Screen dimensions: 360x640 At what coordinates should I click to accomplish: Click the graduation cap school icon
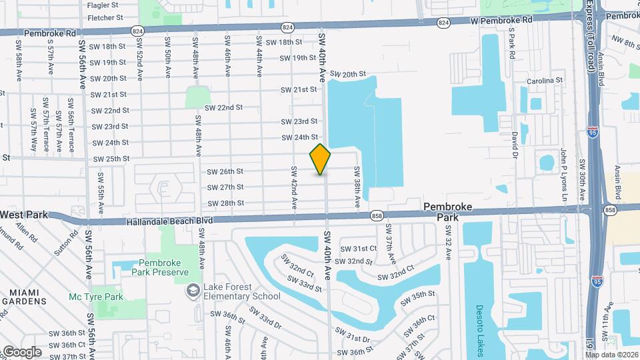(x=193, y=290)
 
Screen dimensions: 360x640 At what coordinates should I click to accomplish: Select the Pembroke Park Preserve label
(x=163, y=267)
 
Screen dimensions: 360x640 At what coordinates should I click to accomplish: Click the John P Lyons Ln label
(x=563, y=175)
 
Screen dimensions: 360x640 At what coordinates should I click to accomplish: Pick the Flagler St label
(x=103, y=5)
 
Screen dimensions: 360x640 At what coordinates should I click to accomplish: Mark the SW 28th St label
(x=225, y=203)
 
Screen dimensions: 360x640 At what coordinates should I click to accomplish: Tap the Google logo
(x=21, y=352)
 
